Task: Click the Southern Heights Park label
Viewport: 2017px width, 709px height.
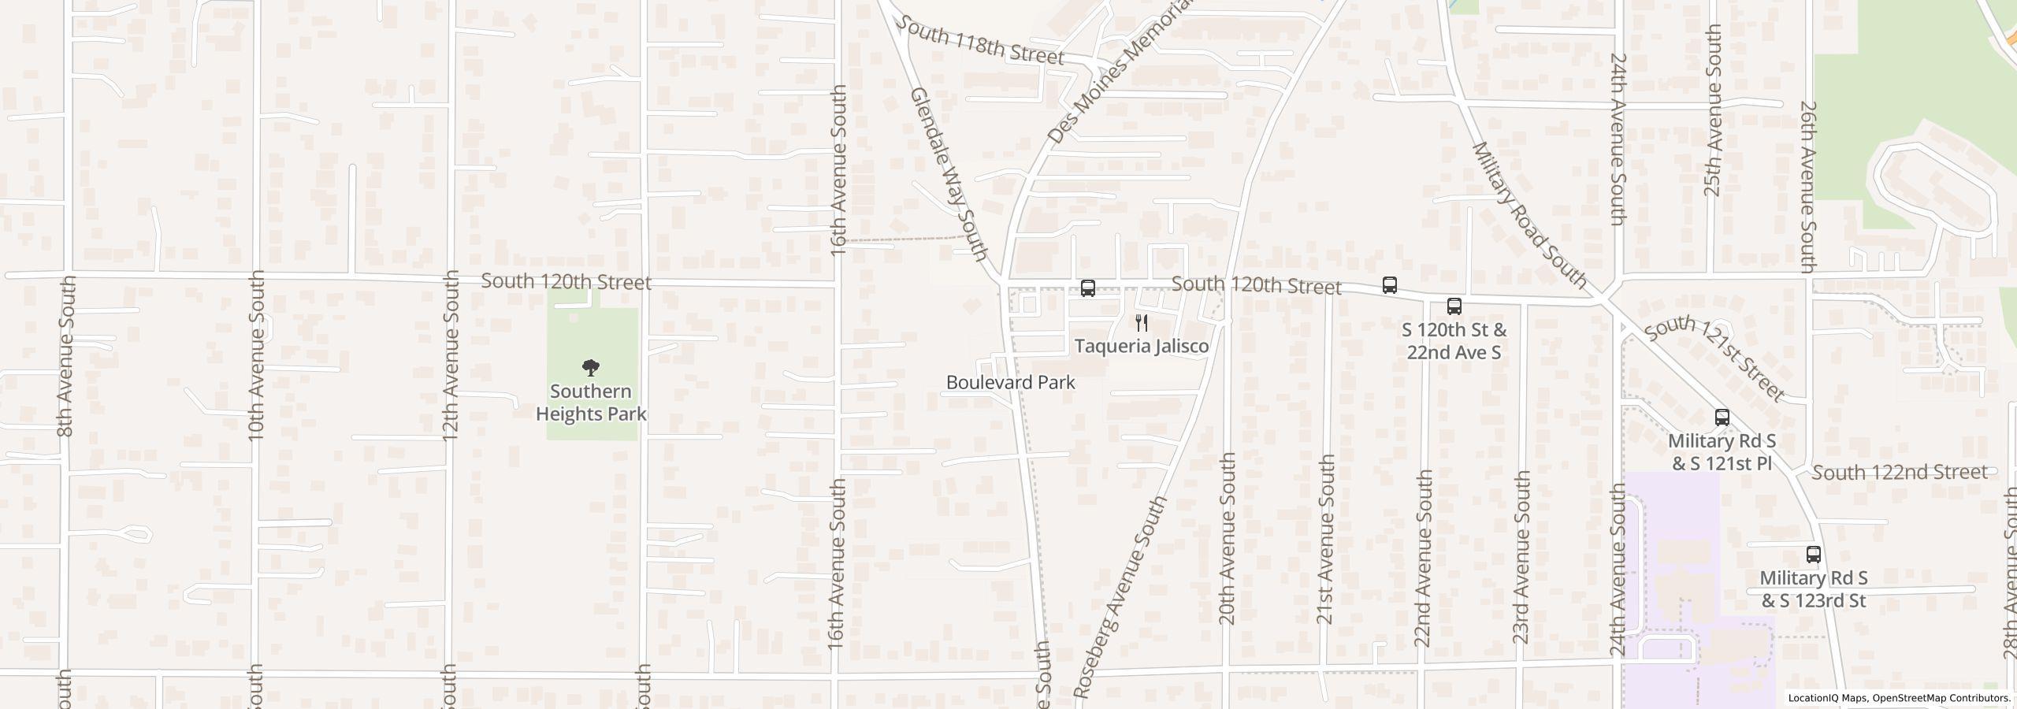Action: click(591, 403)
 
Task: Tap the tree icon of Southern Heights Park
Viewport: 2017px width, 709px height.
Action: click(590, 367)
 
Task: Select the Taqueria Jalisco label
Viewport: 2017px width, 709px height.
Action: click(1142, 346)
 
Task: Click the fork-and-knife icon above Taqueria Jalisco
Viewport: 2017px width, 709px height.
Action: click(1142, 323)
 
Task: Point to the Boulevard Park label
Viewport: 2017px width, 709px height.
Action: click(1010, 382)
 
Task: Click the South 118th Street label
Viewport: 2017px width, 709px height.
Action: click(979, 42)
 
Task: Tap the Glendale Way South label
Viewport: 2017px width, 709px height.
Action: click(949, 174)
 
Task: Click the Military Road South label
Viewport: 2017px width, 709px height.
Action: click(1529, 213)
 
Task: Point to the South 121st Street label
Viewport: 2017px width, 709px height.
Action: click(1714, 359)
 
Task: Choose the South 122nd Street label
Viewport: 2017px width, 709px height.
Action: click(1899, 472)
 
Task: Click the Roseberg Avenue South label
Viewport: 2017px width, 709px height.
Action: click(1120, 598)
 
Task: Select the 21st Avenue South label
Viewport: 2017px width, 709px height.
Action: click(1326, 540)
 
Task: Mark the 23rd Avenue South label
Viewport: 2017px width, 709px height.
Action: click(1521, 557)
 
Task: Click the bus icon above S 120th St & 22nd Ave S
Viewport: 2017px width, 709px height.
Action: click(1454, 306)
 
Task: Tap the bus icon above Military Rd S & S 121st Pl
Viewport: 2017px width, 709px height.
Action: click(1722, 418)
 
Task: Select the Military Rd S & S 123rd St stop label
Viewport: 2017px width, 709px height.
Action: click(1813, 589)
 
